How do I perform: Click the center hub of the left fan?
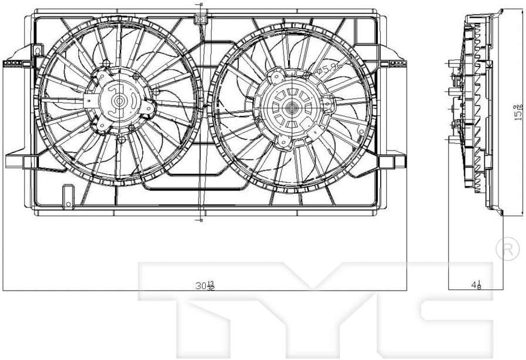click(119, 101)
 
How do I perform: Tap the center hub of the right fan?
click(292, 107)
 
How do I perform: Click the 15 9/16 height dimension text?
click(518, 112)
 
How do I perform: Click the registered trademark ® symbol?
click(507, 251)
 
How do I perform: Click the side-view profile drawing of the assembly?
click(476, 112)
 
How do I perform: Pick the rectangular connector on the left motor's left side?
click(88, 101)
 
